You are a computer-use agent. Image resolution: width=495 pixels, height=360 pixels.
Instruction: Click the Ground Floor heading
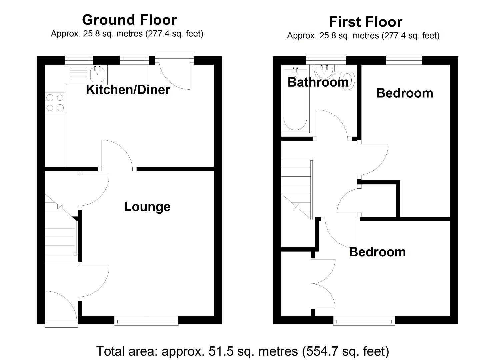coord(129,20)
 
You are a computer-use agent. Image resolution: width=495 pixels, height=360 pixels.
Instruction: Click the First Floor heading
coord(365,22)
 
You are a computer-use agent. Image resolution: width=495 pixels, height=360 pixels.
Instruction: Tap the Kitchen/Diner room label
coord(128,90)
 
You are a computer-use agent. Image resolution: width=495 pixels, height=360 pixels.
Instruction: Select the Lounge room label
coord(147,207)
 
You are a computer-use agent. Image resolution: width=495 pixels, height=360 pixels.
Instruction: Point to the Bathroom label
coord(318,82)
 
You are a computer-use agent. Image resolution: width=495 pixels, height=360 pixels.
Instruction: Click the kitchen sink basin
coord(98,74)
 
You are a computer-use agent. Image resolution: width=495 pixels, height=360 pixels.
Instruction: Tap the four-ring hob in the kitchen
coord(55,103)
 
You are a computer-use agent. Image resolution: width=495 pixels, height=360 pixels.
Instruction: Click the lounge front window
coord(146,321)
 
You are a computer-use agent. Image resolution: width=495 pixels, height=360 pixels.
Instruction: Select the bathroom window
coord(326,60)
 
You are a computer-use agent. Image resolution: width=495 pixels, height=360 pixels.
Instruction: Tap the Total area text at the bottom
coord(242,351)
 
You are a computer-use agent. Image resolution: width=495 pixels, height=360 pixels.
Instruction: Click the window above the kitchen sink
coord(79,59)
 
